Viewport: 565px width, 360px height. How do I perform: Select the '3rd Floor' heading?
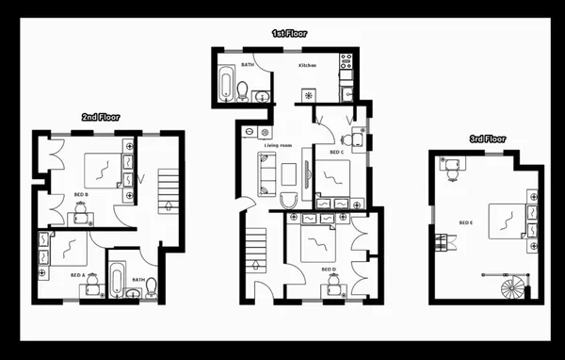[487, 139]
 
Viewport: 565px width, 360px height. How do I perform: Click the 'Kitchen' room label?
[307, 66]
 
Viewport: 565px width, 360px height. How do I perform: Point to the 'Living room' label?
[278, 145]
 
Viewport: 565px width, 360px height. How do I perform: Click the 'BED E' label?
[465, 222]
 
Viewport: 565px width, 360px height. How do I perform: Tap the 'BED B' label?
[80, 194]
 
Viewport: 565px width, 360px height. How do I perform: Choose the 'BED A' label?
[77, 275]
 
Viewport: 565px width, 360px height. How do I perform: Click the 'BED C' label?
[336, 152]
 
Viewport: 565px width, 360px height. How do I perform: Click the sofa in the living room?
[265, 172]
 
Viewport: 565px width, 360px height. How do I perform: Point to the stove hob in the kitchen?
[346, 65]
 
